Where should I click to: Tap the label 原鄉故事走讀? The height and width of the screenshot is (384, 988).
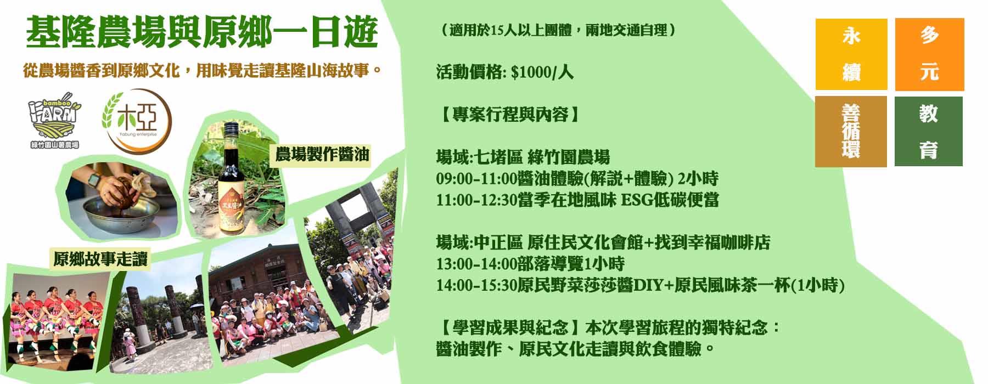tap(100, 259)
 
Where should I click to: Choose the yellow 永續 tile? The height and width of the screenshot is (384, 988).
tap(851, 54)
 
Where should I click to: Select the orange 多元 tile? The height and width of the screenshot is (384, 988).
tap(929, 54)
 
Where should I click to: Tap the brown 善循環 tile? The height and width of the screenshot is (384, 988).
tap(851, 132)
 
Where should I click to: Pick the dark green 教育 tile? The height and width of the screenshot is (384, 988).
tap(929, 131)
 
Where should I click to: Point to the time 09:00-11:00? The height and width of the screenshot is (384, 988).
tap(477, 179)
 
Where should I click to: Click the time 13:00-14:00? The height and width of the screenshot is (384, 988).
tap(477, 264)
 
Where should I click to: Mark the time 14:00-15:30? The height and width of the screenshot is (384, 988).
tap(477, 285)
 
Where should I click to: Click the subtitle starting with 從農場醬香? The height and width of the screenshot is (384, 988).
tap(202, 71)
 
